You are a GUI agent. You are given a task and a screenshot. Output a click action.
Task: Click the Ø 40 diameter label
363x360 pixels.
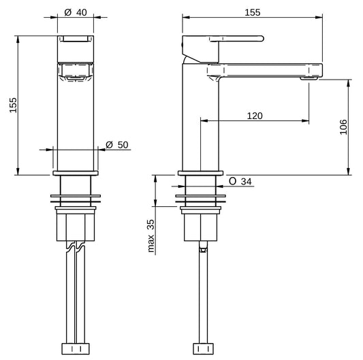click(x=75, y=12)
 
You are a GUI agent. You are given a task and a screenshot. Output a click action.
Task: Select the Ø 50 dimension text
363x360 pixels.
click(x=117, y=144)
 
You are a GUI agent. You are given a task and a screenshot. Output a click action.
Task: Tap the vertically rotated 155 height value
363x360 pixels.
click(x=13, y=105)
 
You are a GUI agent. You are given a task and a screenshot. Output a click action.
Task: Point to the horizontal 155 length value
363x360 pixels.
click(x=253, y=12)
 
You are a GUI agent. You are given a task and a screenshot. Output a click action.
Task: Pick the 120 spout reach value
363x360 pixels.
click(x=254, y=116)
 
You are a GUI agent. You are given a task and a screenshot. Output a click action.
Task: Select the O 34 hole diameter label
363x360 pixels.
click(x=240, y=182)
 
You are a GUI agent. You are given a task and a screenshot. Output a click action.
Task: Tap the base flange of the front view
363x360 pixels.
click(x=76, y=173)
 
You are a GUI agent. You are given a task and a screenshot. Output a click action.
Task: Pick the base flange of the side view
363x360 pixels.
click(x=200, y=173)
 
